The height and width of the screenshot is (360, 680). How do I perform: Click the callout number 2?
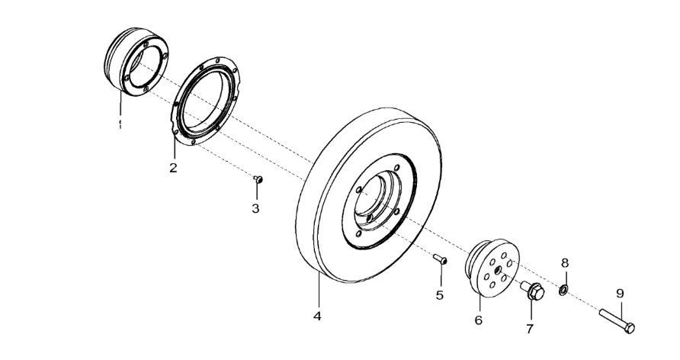173,168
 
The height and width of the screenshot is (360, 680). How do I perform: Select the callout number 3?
255,207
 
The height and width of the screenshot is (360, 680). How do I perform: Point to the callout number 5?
440,294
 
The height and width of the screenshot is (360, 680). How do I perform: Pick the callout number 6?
478,320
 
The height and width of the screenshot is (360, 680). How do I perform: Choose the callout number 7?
530,329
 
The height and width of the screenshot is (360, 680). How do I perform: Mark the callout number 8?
565,262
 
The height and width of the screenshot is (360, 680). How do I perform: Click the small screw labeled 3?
258,179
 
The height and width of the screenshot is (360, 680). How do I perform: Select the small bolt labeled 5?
440,260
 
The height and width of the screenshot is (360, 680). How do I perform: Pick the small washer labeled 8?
563,290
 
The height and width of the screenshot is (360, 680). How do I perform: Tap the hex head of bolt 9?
629,328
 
